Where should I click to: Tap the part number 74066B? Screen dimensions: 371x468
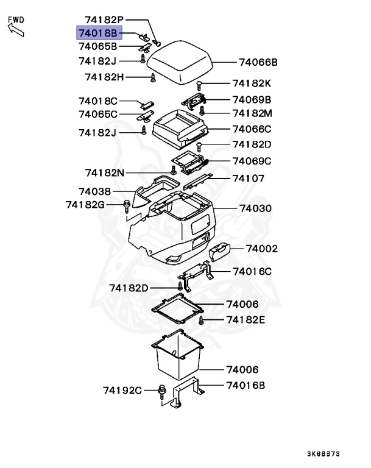coord(258,62)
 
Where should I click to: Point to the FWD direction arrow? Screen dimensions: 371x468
coord(15,26)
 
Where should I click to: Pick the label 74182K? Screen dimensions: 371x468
coord(252,83)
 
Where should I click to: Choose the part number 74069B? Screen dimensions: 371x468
coord(252,99)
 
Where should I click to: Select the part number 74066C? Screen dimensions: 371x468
coord(252,129)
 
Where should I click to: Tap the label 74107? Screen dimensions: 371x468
coord(247,178)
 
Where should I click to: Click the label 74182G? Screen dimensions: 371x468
coord(86,204)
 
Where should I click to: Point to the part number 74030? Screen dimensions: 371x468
coord(255,208)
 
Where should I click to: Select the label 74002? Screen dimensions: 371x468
coord(262,249)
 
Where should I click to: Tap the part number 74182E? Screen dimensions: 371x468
coord(246,319)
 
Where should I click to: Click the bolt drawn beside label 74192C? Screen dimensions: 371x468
coord(162,390)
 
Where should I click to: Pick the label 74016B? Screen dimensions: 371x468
coord(246,385)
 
